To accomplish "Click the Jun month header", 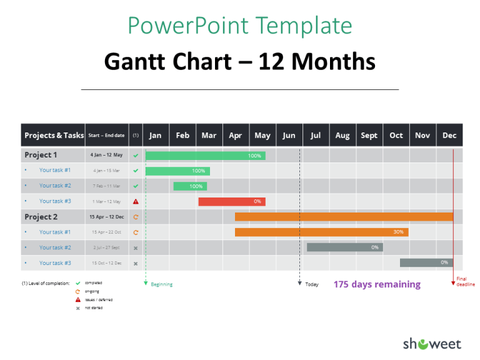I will point(289,136).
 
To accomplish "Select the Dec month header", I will point(449,136).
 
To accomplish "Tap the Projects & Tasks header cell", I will point(54,136).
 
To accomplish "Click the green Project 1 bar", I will point(205,156).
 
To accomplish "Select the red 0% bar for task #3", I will point(231,201).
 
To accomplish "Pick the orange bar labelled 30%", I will point(321,232).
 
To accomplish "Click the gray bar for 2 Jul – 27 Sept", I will point(344,247).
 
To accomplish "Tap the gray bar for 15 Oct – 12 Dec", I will point(426,262).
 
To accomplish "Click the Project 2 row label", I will point(41,217).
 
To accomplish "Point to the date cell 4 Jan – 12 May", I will point(106,155).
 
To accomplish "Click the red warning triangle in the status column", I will point(136,201).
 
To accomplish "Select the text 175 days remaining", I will point(377,284).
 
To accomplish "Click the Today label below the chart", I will point(312,284).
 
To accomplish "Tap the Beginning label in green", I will point(161,284).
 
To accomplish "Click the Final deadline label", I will point(466,281).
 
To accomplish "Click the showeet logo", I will point(431,343).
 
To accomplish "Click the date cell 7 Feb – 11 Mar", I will point(106,186).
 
